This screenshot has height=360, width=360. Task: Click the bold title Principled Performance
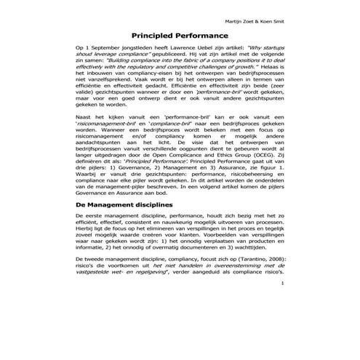click(179, 34)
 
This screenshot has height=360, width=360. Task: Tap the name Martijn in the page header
click(277, 12)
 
